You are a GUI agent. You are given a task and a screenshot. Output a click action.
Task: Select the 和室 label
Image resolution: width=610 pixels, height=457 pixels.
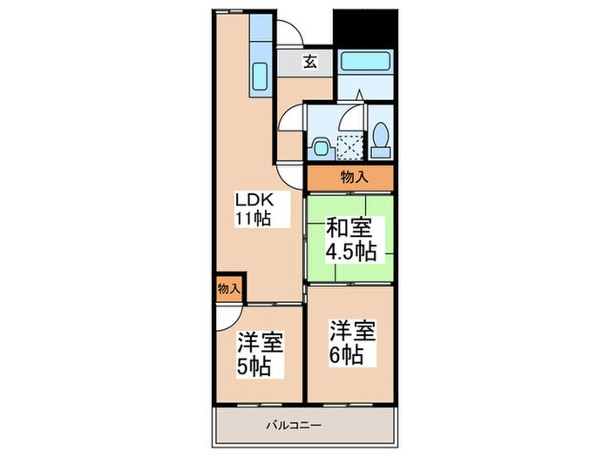(349, 230)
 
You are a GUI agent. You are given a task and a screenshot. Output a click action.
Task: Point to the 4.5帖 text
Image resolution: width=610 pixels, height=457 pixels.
(350, 252)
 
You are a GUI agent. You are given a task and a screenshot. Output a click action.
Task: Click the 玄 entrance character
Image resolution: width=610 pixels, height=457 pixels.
(310, 61)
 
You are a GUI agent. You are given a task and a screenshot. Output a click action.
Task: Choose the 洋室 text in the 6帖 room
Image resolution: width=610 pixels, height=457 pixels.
(351, 333)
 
